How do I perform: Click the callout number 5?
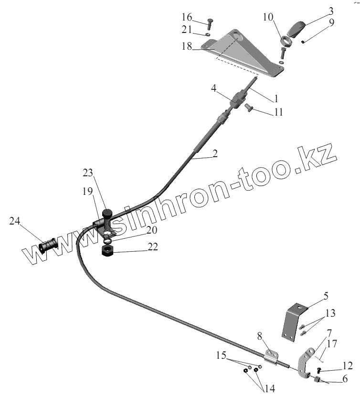pos(326,296)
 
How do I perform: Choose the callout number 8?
pos(260,336)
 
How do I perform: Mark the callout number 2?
pos(215,154)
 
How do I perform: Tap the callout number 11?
pos(278,112)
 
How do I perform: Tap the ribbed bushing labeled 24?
pos(47,247)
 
